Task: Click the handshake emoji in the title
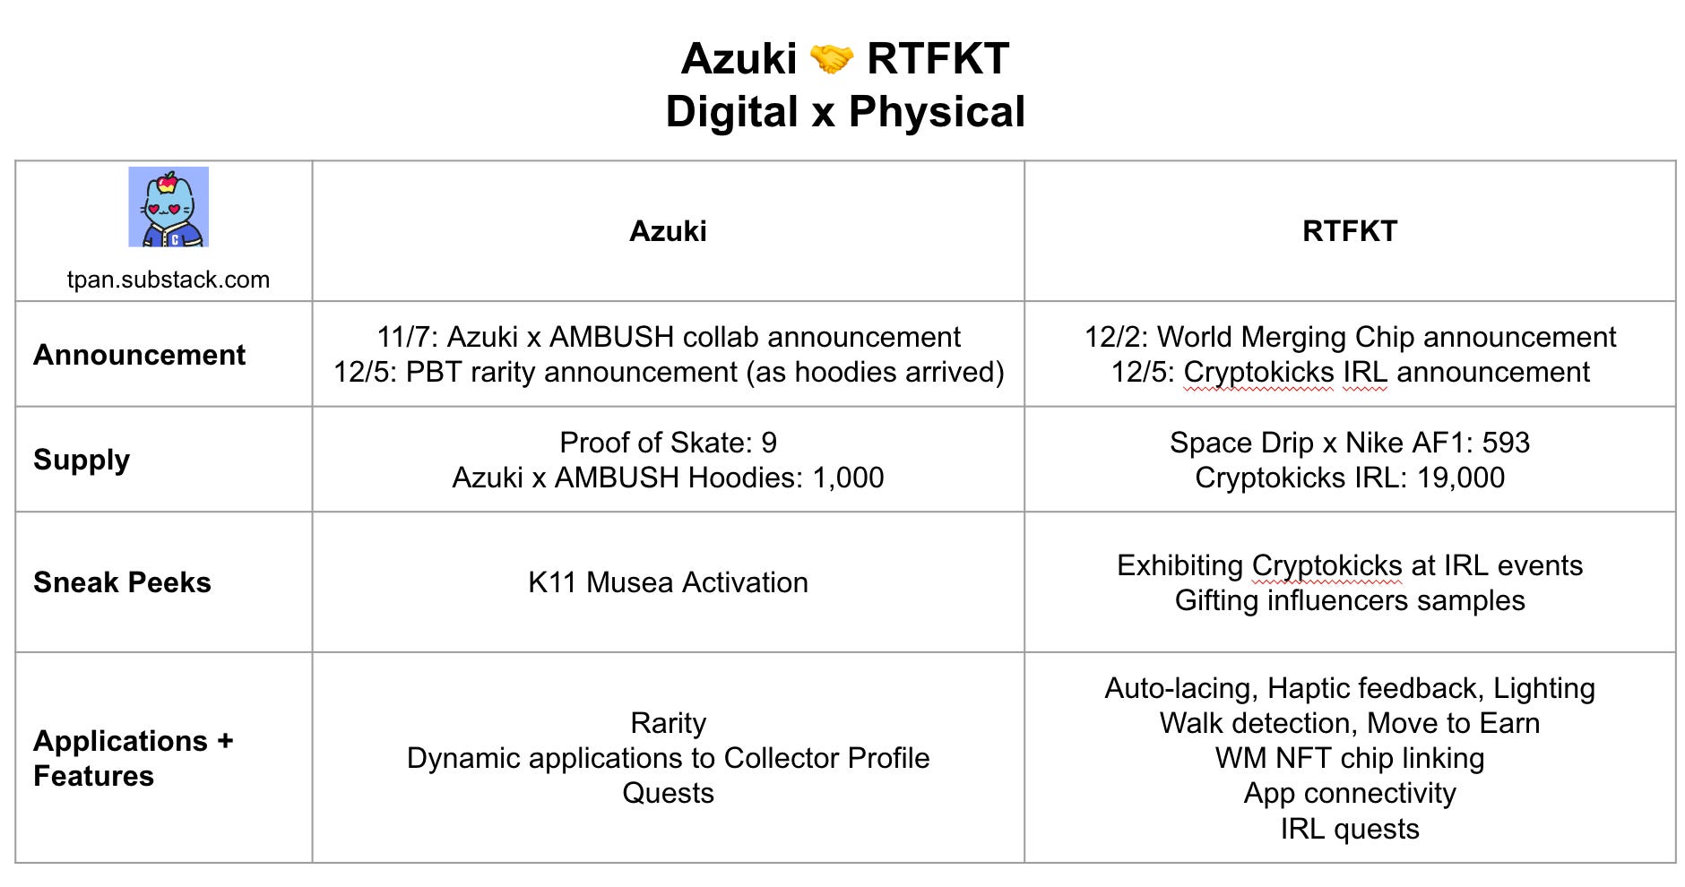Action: (x=831, y=60)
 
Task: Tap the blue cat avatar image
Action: (x=168, y=207)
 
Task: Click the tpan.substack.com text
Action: (x=168, y=280)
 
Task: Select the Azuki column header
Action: (x=668, y=231)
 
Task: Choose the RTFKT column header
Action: (x=1349, y=231)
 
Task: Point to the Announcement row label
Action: (x=139, y=355)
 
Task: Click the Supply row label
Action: (x=82, y=460)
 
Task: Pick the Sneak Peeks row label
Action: (x=122, y=582)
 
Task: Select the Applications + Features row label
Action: (x=133, y=758)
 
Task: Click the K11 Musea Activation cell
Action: (x=668, y=582)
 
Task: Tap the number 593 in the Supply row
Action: (x=1506, y=443)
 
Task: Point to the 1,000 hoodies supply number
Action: (x=848, y=478)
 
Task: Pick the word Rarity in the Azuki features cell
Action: (x=668, y=723)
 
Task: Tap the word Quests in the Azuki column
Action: (x=668, y=793)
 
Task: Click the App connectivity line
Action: (x=1349, y=793)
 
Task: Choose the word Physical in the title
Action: (x=937, y=112)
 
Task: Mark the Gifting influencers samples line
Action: (x=1349, y=600)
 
